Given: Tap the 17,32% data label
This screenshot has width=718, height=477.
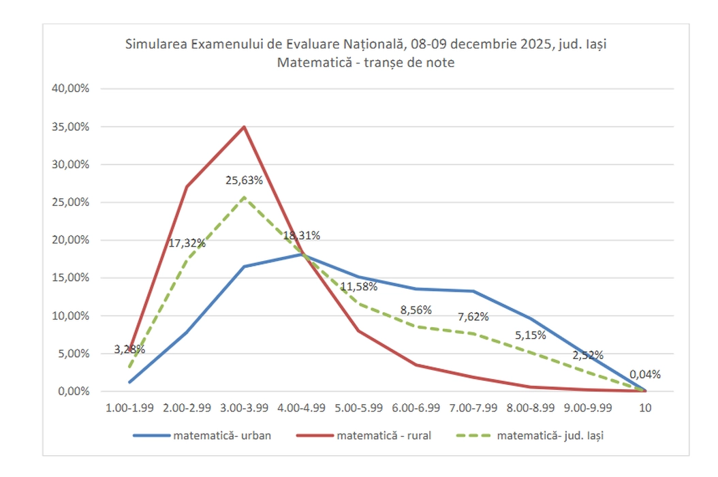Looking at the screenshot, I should click(x=187, y=243).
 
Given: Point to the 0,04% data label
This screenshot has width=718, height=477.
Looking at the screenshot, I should click(x=644, y=374).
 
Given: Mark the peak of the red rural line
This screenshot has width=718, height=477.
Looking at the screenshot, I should click(x=244, y=127).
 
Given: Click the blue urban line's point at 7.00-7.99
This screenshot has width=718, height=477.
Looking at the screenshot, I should click(x=473, y=291).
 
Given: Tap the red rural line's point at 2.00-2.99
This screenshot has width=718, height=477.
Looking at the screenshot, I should click(x=187, y=187).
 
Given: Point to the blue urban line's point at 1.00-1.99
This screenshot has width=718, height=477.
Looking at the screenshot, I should click(x=129, y=382).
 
